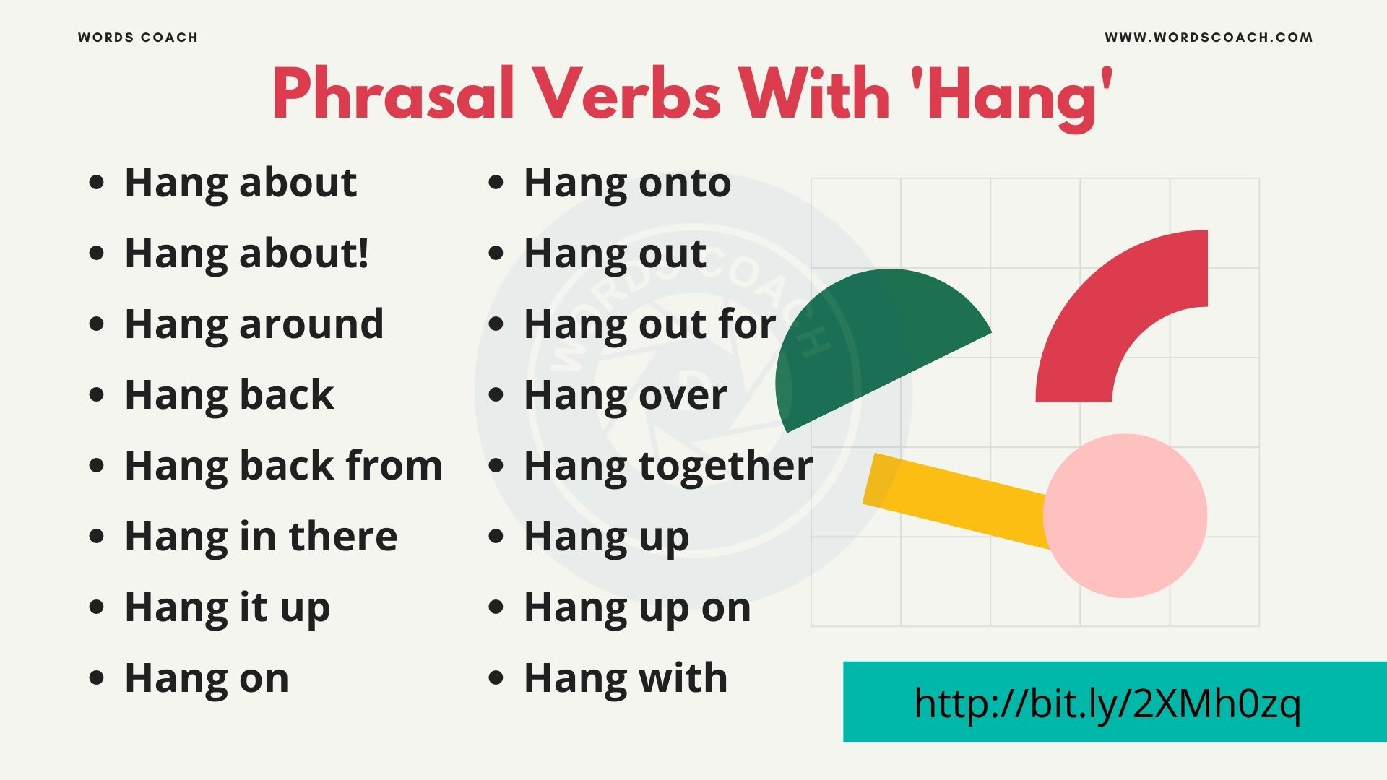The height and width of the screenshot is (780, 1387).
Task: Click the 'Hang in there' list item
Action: tap(261, 537)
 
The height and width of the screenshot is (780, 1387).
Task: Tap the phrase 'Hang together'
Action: tap(668, 466)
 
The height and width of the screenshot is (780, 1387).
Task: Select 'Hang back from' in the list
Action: tap(283, 466)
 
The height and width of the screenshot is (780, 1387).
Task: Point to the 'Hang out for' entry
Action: tap(649, 324)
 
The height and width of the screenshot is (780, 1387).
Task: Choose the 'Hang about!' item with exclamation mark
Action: tap(246, 253)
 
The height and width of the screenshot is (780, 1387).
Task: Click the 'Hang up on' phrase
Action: tap(637, 607)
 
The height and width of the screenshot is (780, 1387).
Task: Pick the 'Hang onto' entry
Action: tap(627, 183)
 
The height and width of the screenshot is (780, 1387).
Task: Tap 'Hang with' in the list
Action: tap(626, 678)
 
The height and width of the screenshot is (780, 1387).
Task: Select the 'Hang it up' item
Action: tap(228, 607)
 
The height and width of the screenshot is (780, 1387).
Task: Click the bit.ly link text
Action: tap(1107, 703)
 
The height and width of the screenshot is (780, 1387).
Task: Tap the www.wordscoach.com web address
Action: tap(1209, 38)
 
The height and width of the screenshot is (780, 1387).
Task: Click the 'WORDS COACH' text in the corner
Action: tap(138, 38)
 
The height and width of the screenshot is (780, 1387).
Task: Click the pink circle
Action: tap(1125, 516)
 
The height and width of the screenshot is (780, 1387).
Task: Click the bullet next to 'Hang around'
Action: tap(96, 324)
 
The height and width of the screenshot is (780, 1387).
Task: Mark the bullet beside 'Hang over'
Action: tap(496, 394)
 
